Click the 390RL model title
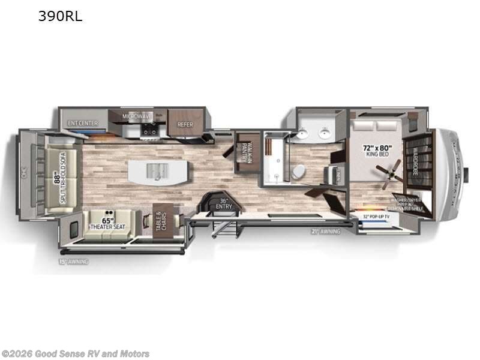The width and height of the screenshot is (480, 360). coord(61,17)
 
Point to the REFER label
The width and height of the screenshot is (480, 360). coord(184,125)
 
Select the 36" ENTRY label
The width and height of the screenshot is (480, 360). coord(223,204)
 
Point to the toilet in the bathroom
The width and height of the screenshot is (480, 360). coord(298,172)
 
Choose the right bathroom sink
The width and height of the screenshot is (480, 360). coord(325,133)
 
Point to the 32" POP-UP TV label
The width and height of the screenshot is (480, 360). coord(375,217)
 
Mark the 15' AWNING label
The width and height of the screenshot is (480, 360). coord(74,262)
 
